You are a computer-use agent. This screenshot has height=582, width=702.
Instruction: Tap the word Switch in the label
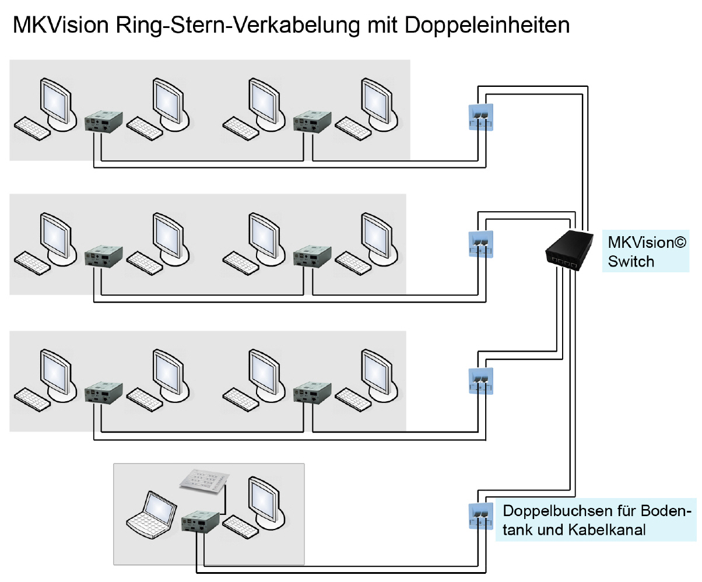tap(631, 261)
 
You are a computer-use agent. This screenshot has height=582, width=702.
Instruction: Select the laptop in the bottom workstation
tap(151, 512)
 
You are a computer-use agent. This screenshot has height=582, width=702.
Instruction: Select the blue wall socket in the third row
tap(481, 380)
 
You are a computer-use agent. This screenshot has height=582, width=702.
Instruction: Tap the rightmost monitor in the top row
tap(377, 100)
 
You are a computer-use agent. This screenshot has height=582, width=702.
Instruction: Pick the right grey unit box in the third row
tap(312, 392)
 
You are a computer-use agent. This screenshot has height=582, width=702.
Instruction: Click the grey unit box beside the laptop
tap(200, 522)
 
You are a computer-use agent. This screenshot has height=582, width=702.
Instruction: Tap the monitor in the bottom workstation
tap(265, 499)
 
